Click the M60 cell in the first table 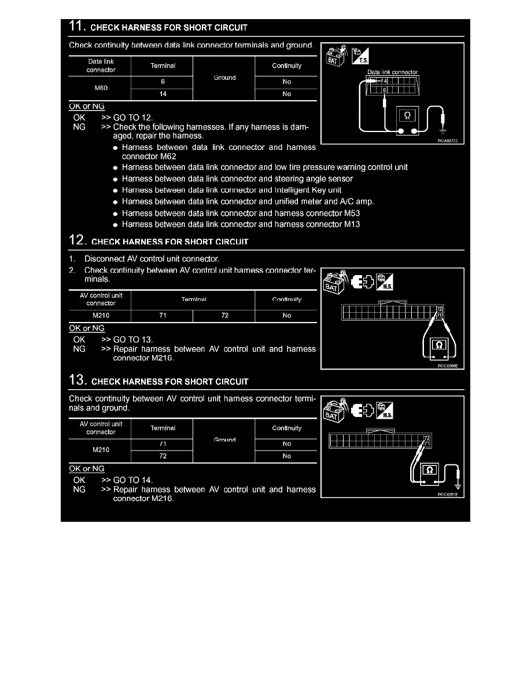(x=101, y=89)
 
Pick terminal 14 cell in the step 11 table (x=163, y=94)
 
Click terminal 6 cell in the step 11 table (x=163, y=82)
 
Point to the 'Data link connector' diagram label (x=393, y=72)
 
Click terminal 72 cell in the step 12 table (x=224, y=316)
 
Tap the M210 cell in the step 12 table (x=101, y=316)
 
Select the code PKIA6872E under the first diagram (x=449, y=140)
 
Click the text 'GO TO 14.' (x=133, y=480)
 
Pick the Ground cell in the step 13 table (x=224, y=440)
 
